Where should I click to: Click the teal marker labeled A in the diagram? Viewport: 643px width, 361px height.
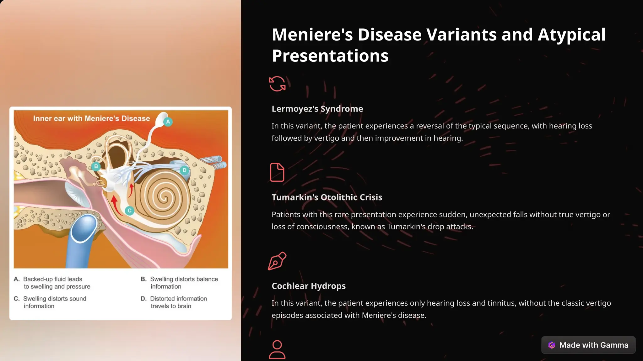click(168, 122)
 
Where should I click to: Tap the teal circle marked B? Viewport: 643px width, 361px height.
click(96, 166)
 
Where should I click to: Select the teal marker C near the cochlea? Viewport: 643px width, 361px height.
click(129, 211)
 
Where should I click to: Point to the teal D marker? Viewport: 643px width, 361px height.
click(184, 170)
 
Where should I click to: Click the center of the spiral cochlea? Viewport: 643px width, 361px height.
click(164, 197)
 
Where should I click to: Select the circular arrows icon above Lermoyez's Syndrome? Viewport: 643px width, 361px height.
click(277, 84)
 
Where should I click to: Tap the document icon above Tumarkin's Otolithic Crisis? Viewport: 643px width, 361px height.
click(277, 172)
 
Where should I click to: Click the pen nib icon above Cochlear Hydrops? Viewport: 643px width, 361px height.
click(277, 261)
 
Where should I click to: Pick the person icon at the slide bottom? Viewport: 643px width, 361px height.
click(277, 349)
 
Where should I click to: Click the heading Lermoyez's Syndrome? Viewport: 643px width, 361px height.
click(317, 109)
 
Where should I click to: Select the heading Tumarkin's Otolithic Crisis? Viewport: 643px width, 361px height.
click(327, 197)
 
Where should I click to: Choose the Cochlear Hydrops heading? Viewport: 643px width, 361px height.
click(309, 286)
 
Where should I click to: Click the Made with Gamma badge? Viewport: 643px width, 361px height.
click(588, 345)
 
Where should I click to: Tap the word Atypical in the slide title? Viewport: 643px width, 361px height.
click(571, 34)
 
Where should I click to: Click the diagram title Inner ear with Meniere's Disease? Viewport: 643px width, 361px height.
click(91, 118)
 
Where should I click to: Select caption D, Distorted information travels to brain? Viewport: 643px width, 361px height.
click(178, 302)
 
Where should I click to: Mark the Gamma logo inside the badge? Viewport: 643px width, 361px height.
click(552, 345)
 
